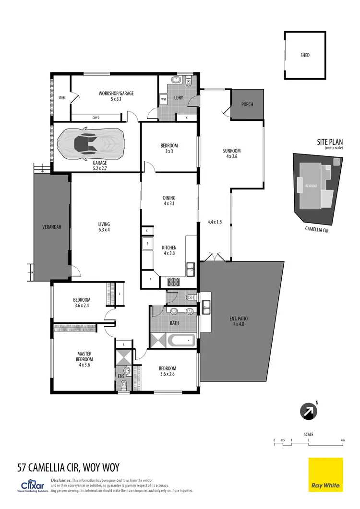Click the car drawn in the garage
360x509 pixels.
click(x=91, y=143)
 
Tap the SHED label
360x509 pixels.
click(x=305, y=55)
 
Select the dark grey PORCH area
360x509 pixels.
click(x=247, y=104)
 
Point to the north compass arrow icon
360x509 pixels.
click(x=307, y=411)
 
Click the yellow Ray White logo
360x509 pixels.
click(x=325, y=474)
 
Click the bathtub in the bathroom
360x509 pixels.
click(x=182, y=341)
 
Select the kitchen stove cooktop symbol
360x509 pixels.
click(x=173, y=282)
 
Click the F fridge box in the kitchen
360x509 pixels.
click(x=147, y=244)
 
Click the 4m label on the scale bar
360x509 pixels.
click(x=342, y=440)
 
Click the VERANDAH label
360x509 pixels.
click(x=51, y=227)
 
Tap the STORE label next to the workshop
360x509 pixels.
click(x=61, y=98)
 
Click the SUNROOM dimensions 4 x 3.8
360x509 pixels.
click(x=231, y=156)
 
